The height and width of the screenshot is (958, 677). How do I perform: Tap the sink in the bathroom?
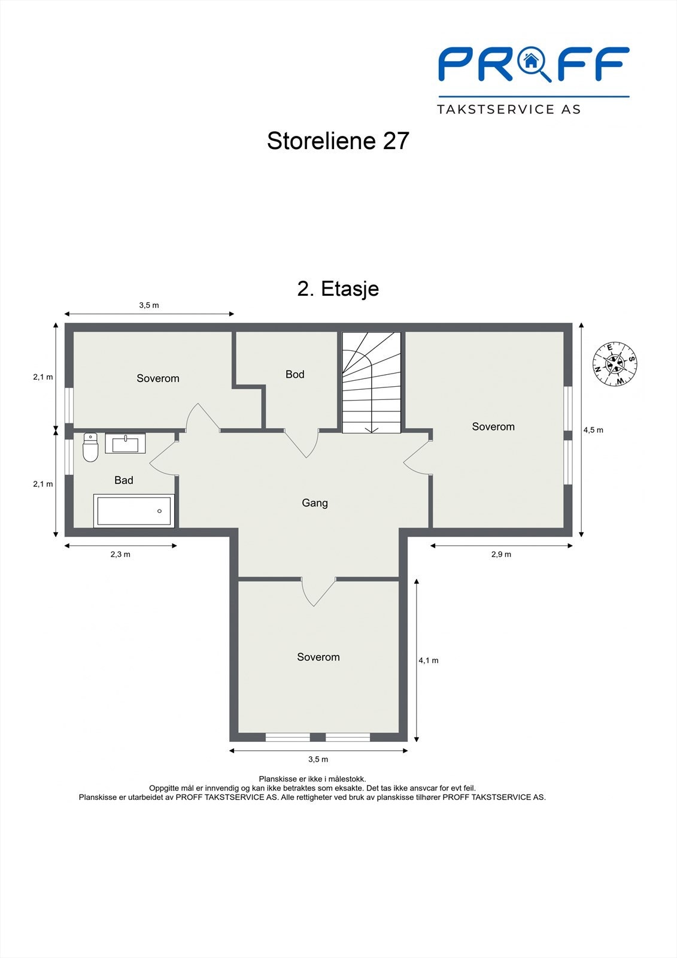(x=125, y=444)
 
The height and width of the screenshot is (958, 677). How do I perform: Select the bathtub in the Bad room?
(x=134, y=511)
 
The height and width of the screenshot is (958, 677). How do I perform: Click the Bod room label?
(x=295, y=374)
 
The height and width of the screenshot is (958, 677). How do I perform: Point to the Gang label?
(x=315, y=503)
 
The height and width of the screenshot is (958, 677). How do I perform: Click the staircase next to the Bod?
(x=371, y=383)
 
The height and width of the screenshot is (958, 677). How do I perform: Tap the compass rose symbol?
(x=615, y=363)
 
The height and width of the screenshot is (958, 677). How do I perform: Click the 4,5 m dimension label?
(x=593, y=430)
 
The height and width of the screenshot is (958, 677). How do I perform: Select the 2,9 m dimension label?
(x=501, y=554)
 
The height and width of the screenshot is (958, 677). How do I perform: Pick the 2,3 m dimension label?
(x=120, y=554)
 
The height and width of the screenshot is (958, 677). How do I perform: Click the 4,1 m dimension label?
(x=429, y=660)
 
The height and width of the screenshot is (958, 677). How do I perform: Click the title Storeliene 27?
(x=338, y=141)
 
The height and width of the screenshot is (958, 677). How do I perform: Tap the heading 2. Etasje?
(x=338, y=289)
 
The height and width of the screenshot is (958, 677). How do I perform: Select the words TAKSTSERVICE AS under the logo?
(x=509, y=110)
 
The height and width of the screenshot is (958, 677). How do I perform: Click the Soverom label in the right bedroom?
(x=493, y=427)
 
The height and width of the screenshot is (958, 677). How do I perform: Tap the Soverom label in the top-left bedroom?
(x=158, y=378)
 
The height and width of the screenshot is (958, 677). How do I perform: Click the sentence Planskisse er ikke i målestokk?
(x=312, y=779)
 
